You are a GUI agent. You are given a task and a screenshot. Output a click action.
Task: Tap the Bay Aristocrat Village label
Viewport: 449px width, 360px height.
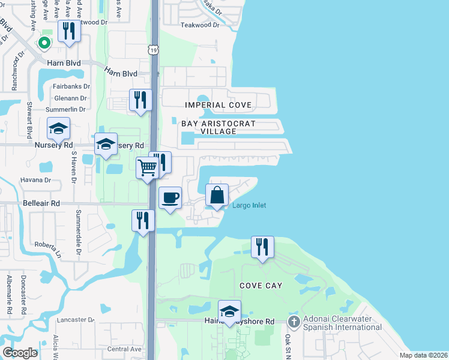[219, 127]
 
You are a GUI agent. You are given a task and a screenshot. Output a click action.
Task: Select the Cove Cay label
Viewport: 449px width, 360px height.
[260, 286]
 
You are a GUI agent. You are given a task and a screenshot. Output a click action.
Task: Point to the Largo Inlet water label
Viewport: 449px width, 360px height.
[249, 206]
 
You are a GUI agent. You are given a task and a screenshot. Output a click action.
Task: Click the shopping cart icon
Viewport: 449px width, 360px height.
[147, 168]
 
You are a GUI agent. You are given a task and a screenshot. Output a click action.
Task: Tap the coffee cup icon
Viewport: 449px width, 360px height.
[170, 197]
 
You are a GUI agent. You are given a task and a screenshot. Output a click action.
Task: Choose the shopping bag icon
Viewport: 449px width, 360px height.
[217, 194]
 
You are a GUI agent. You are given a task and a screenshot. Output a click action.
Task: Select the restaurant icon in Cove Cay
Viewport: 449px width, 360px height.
[262, 247]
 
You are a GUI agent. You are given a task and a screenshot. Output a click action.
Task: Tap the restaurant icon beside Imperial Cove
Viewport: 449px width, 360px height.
[141, 100]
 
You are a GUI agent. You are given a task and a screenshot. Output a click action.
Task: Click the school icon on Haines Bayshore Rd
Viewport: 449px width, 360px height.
[229, 311]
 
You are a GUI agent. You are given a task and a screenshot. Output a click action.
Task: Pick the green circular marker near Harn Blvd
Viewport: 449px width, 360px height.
[44, 43]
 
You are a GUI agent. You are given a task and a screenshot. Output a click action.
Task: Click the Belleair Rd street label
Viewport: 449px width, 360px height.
[41, 203]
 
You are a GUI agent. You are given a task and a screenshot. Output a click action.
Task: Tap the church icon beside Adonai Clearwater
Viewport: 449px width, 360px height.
[294, 322]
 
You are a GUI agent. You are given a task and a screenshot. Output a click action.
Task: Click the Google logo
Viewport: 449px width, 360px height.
[20, 353]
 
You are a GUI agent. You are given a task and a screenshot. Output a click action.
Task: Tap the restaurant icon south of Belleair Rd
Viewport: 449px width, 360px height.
[142, 220]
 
